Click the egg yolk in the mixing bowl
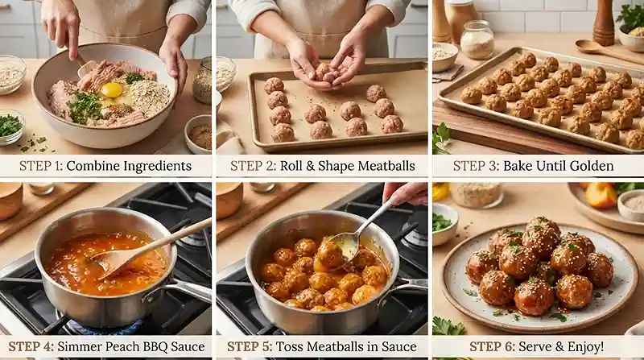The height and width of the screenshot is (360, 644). pyautogui.click(x=112, y=89)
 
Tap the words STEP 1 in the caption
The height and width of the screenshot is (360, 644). pyautogui.click(x=41, y=166)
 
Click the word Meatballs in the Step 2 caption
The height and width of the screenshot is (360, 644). pyautogui.click(x=386, y=166)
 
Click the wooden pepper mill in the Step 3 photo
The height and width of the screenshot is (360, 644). pyautogui.click(x=603, y=22)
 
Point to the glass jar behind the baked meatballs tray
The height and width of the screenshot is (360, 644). pyautogui.click(x=477, y=39)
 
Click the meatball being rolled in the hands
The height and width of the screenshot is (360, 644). pyautogui.click(x=328, y=72)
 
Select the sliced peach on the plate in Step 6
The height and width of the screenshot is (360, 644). pyautogui.click(x=601, y=195)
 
